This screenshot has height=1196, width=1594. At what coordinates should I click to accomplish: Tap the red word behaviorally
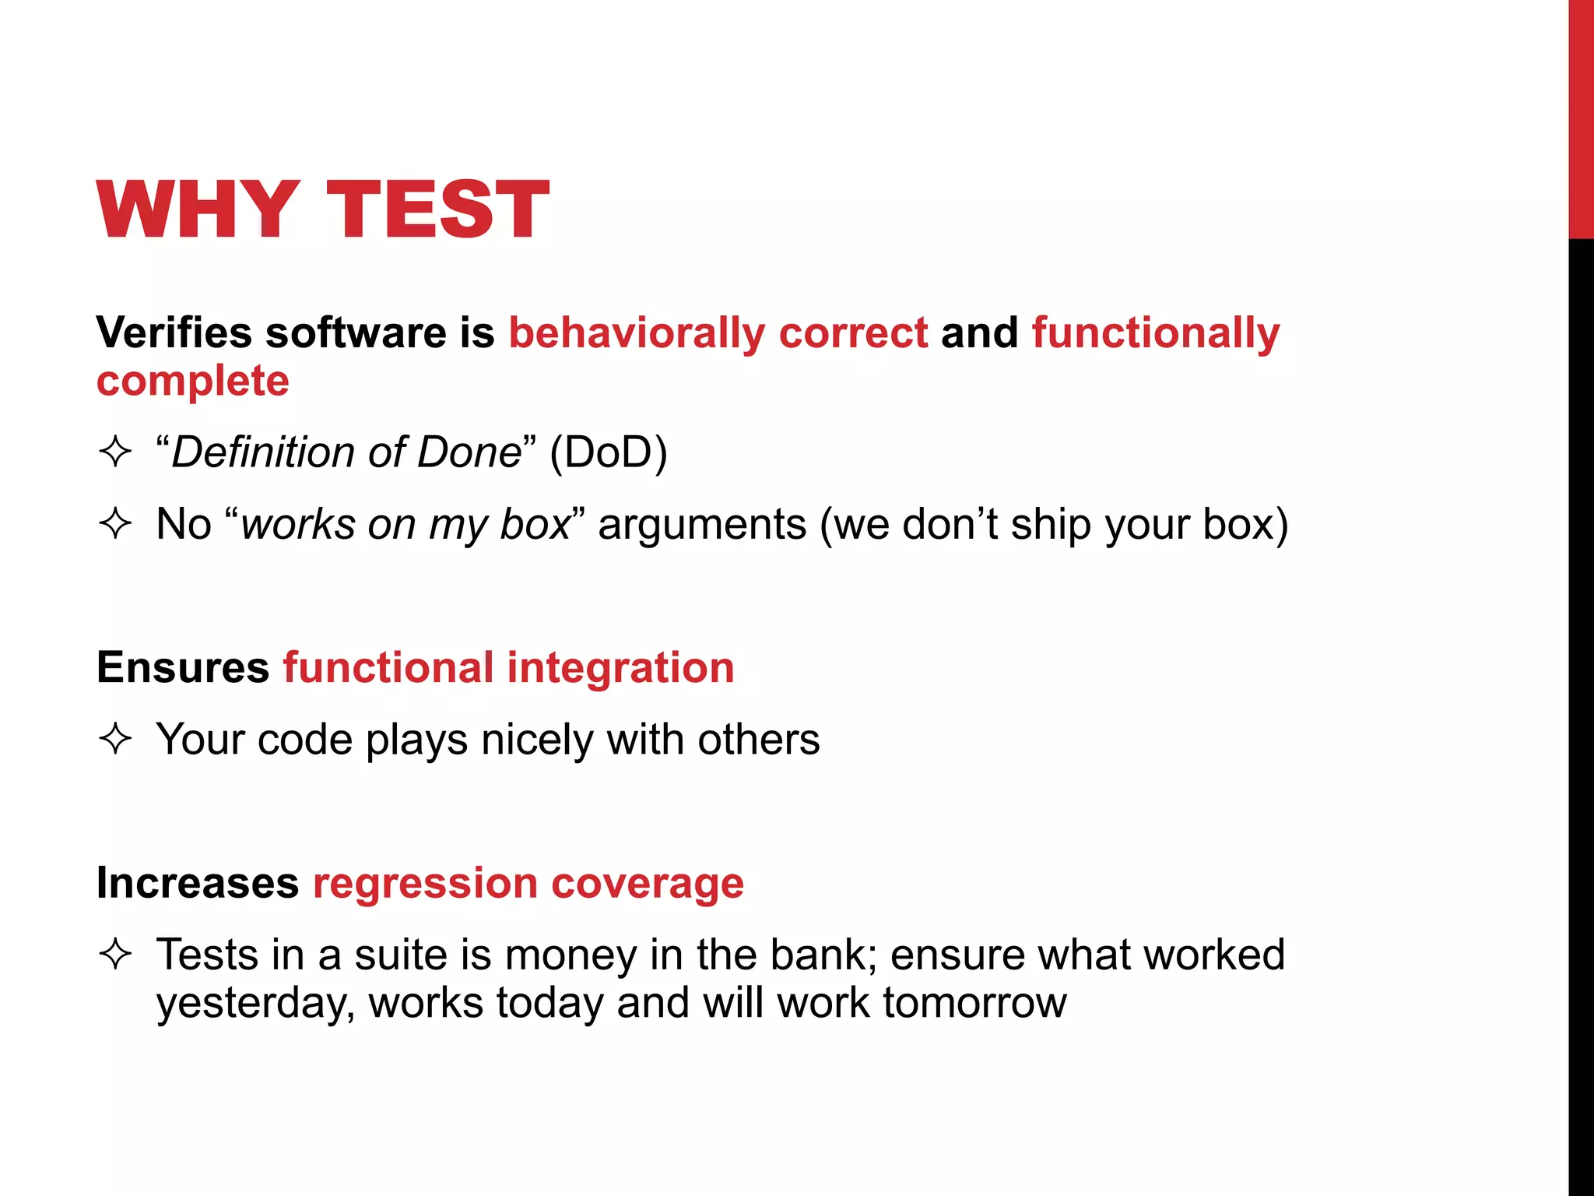[x=637, y=334]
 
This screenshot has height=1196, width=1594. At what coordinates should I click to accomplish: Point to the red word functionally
[x=1155, y=334]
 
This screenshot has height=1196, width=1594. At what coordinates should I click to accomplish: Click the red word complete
[x=192, y=382]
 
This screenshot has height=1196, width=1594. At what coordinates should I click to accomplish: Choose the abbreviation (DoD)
[x=608, y=452]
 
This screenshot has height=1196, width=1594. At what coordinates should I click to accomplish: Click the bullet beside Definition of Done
[x=115, y=452]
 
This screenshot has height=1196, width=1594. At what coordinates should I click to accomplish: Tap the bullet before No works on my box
[x=115, y=523]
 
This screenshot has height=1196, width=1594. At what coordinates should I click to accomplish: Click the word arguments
[x=702, y=525]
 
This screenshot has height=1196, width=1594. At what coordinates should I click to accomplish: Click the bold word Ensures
[x=183, y=667]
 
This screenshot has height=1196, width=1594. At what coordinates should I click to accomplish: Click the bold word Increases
[x=198, y=883]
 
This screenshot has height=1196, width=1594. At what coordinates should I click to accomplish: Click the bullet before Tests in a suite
[x=115, y=954]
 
